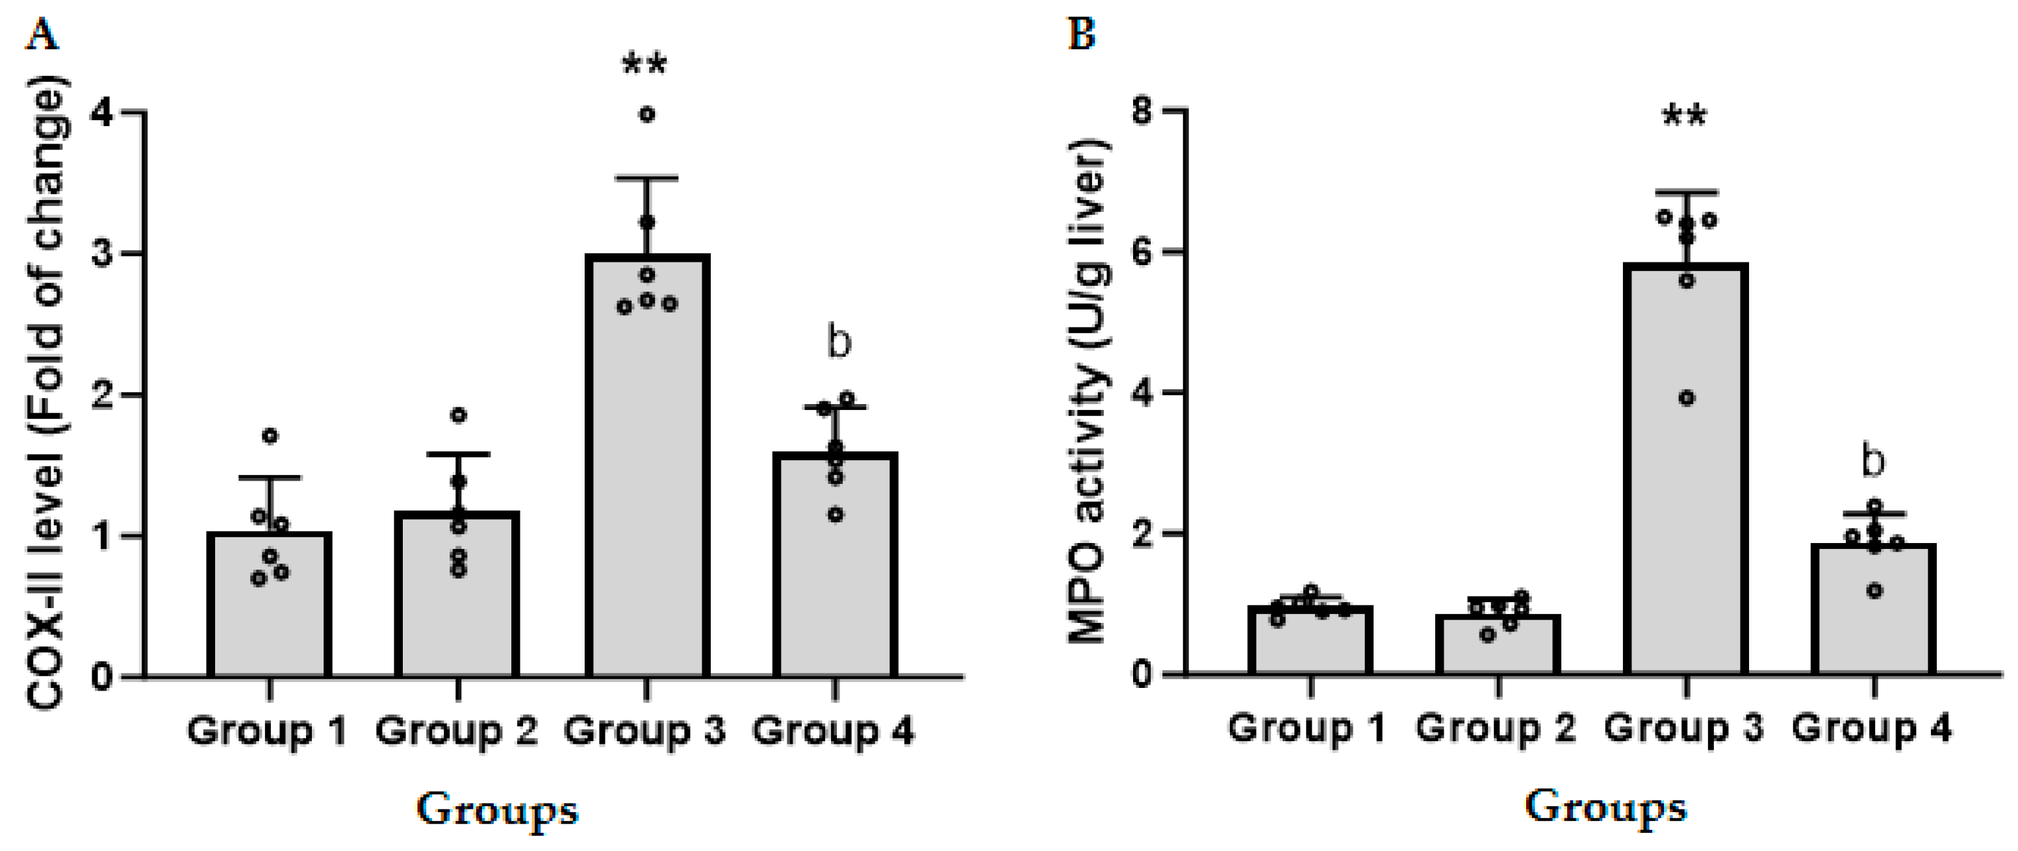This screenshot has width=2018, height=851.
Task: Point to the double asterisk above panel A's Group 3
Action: [644, 64]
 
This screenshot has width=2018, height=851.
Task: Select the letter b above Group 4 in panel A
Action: [839, 342]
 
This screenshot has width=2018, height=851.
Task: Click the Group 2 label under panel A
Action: [457, 731]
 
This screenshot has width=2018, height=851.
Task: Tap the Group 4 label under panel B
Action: [1872, 728]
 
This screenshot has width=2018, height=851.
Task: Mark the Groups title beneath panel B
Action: [1605, 807]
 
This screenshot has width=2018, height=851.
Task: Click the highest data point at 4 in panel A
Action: [647, 114]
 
